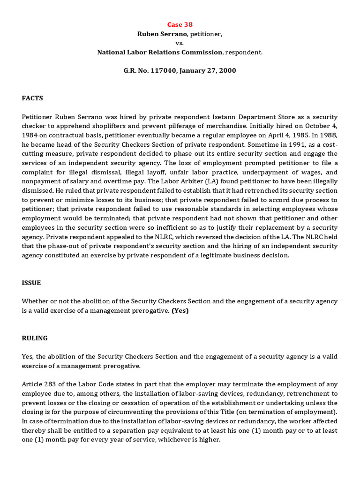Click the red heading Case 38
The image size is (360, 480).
pos(180,24)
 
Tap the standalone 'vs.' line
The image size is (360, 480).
pos(180,43)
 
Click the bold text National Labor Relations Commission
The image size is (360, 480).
pos(160,52)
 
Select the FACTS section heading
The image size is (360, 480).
pos(32,98)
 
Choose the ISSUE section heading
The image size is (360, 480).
pos(31,283)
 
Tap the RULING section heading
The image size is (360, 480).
pos(34,338)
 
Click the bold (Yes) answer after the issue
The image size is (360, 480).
pos(180,311)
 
